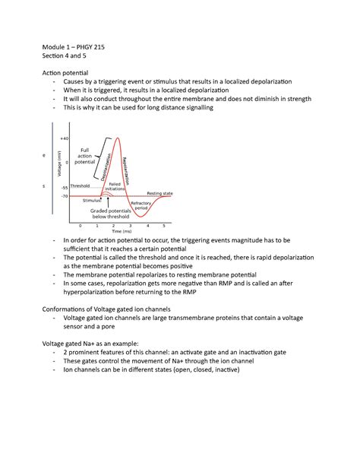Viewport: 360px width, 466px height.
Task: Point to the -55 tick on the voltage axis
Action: pyautogui.click(x=65, y=186)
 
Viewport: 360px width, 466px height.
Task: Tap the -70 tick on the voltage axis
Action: pyautogui.click(x=65, y=196)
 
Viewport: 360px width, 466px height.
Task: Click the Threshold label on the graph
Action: pyautogui.click(x=80, y=185)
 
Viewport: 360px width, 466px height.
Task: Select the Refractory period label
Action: pyautogui.click(x=141, y=206)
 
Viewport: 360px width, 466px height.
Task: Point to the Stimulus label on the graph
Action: pyautogui.click(x=93, y=200)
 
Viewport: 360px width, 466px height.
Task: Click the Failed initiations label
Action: pyautogui.click(x=115, y=186)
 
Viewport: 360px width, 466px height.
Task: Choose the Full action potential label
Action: pyautogui.click(x=85, y=156)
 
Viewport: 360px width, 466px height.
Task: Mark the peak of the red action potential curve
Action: pyautogui.click(x=115, y=138)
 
